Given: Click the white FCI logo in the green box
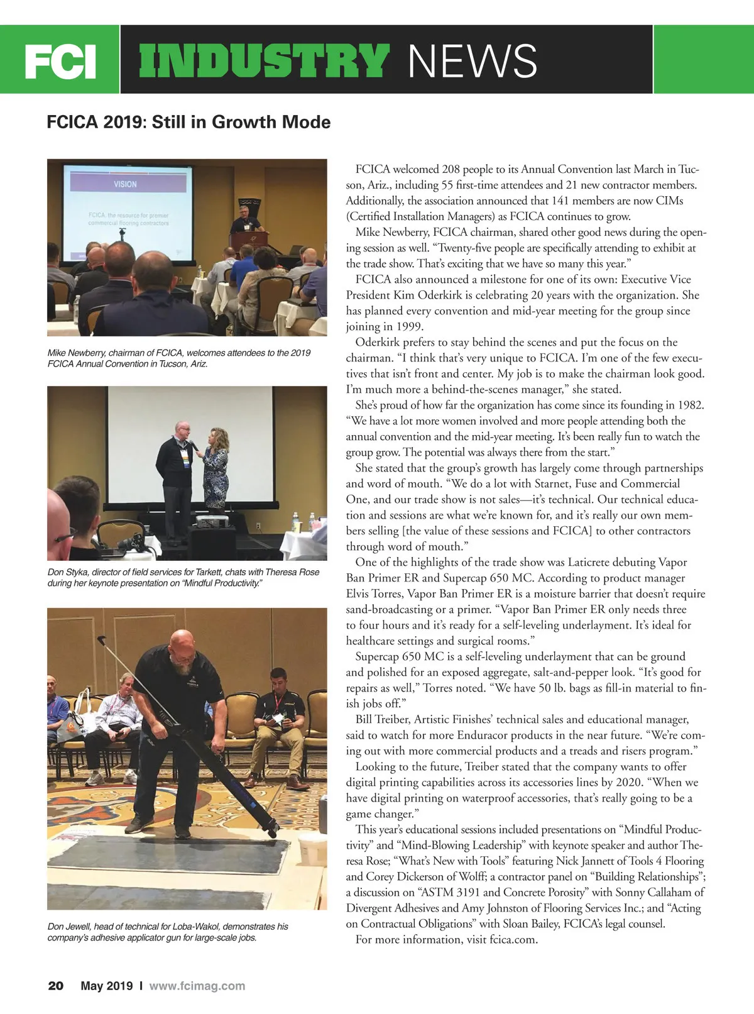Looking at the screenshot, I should tap(60, 61).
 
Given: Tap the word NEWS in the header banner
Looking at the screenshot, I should tap(473, 61).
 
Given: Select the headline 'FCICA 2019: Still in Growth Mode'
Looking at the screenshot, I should tap(188, 121).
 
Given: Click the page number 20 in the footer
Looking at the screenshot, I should tap(56, 986).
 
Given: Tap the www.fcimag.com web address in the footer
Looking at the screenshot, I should tap(197, 986).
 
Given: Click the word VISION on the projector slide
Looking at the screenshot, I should tap(125, 184).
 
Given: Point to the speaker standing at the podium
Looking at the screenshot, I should tap(245, 220).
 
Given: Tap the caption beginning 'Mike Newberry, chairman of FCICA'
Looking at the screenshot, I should tap(179, 358).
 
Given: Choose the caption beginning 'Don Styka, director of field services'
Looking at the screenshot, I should tap(183, 578).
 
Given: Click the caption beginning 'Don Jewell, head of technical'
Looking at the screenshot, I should tap(168, 932).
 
